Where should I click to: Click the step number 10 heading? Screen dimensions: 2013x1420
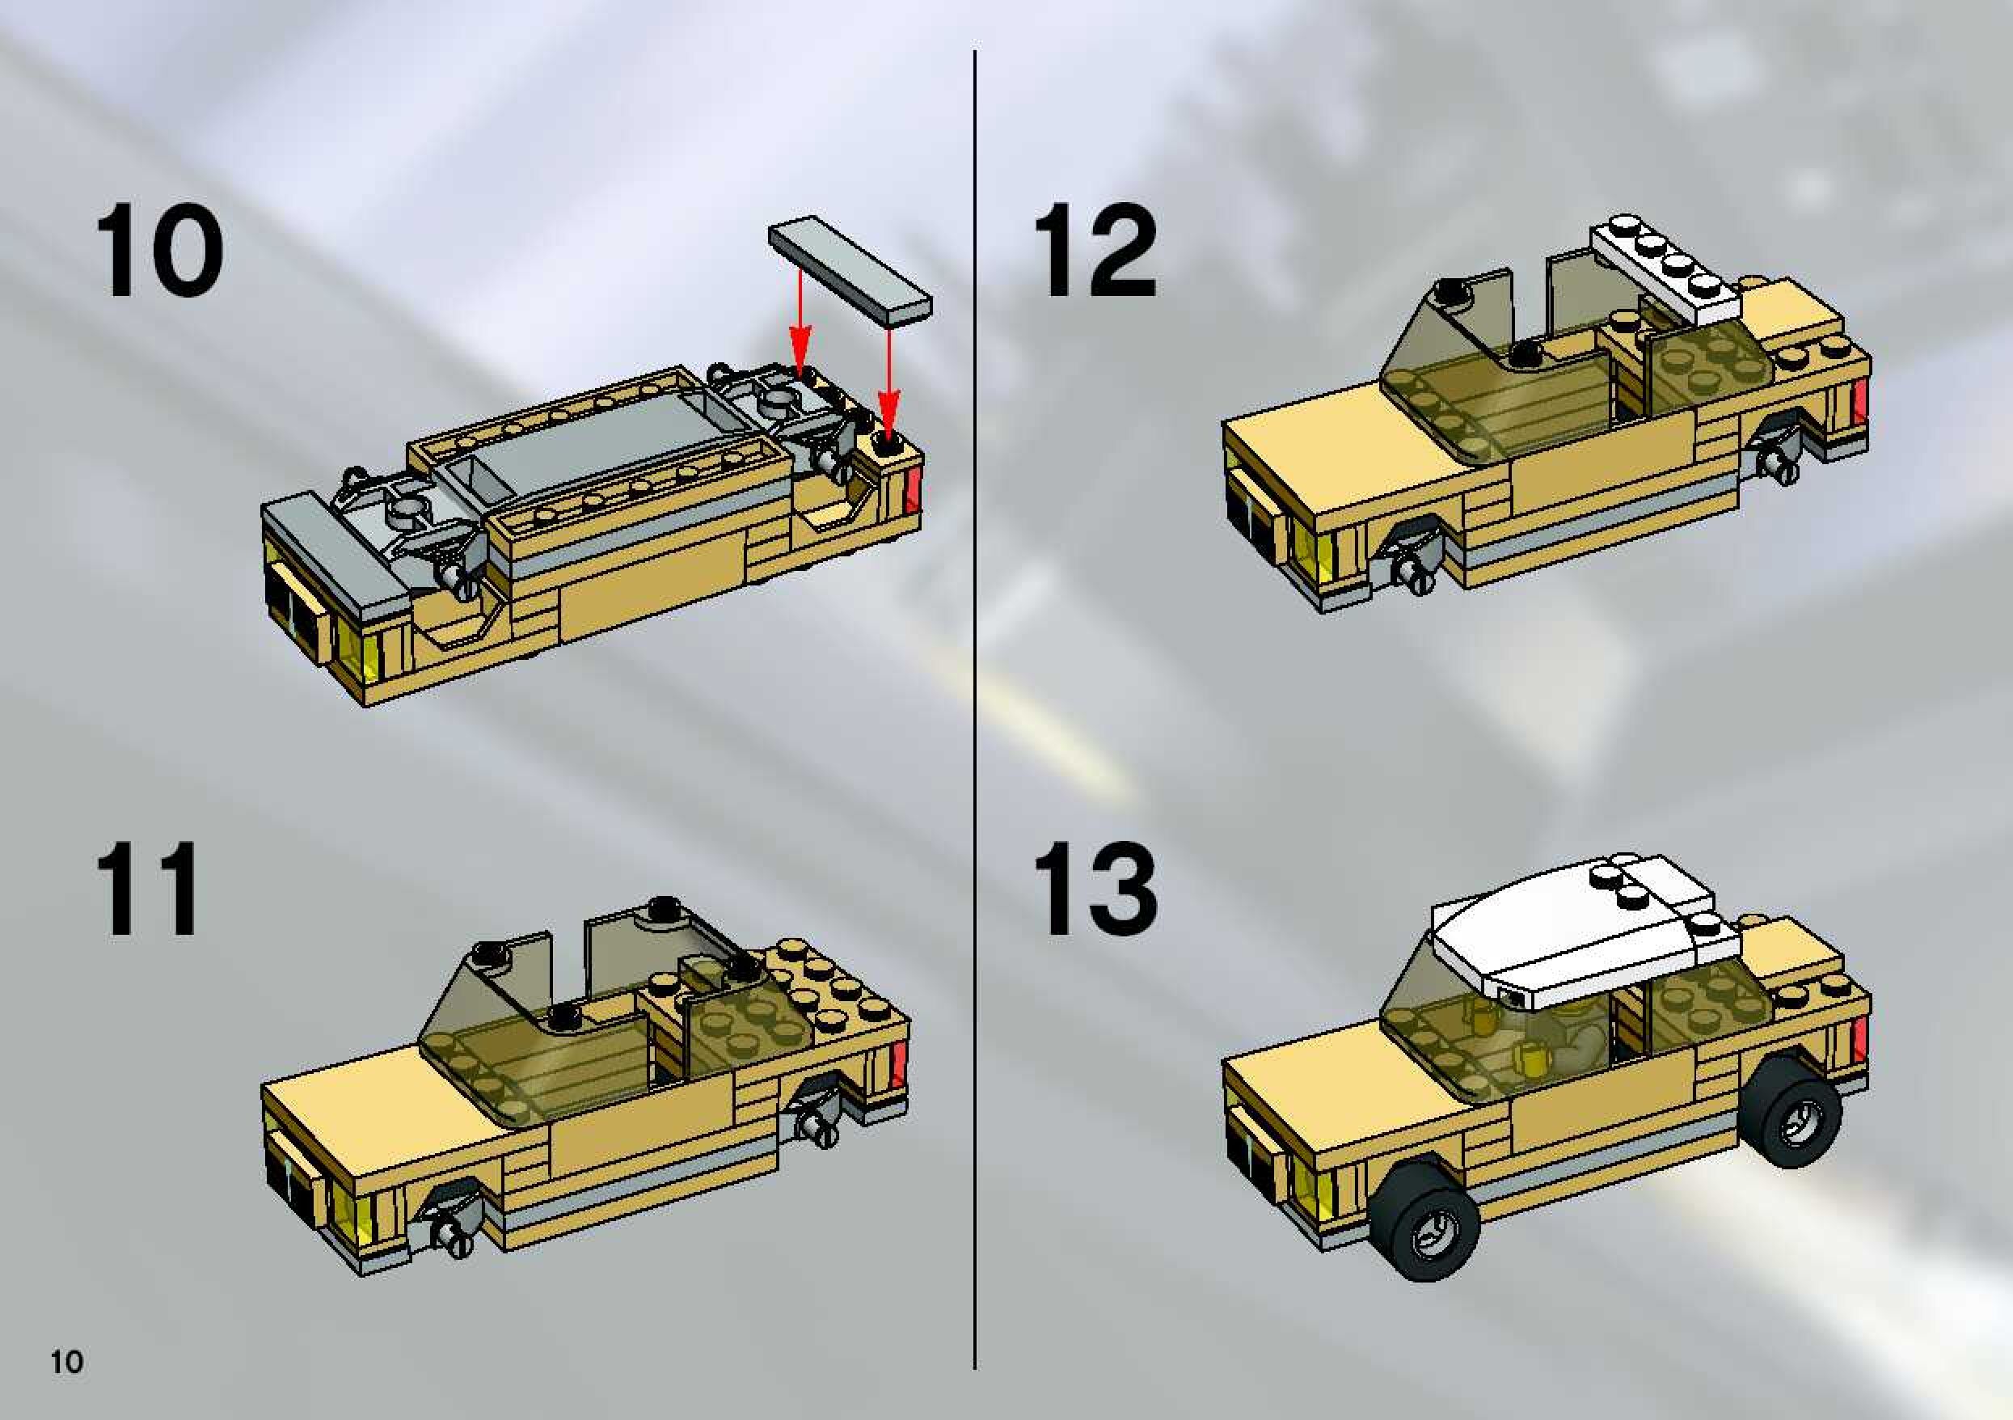coord(158,250)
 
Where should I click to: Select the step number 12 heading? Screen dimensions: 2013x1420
coord(1095,250)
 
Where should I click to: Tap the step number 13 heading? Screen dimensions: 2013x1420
coord(1095,889)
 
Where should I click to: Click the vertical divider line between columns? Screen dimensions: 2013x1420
coord(975,708)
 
